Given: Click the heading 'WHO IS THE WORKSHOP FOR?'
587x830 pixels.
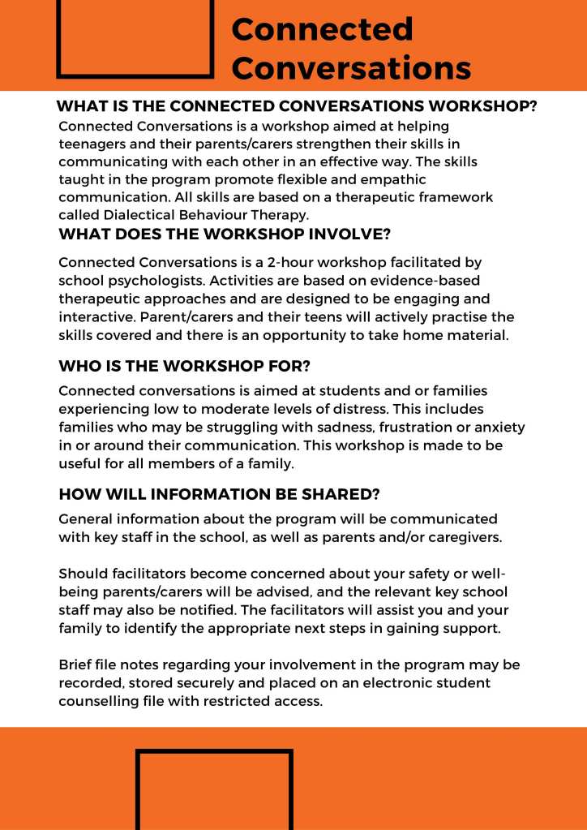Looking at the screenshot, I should click(x=184, y=365).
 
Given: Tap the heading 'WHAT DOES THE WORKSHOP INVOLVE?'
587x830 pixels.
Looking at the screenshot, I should click(x=225, y=235).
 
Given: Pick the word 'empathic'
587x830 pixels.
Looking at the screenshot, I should click(x=394, y=180).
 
